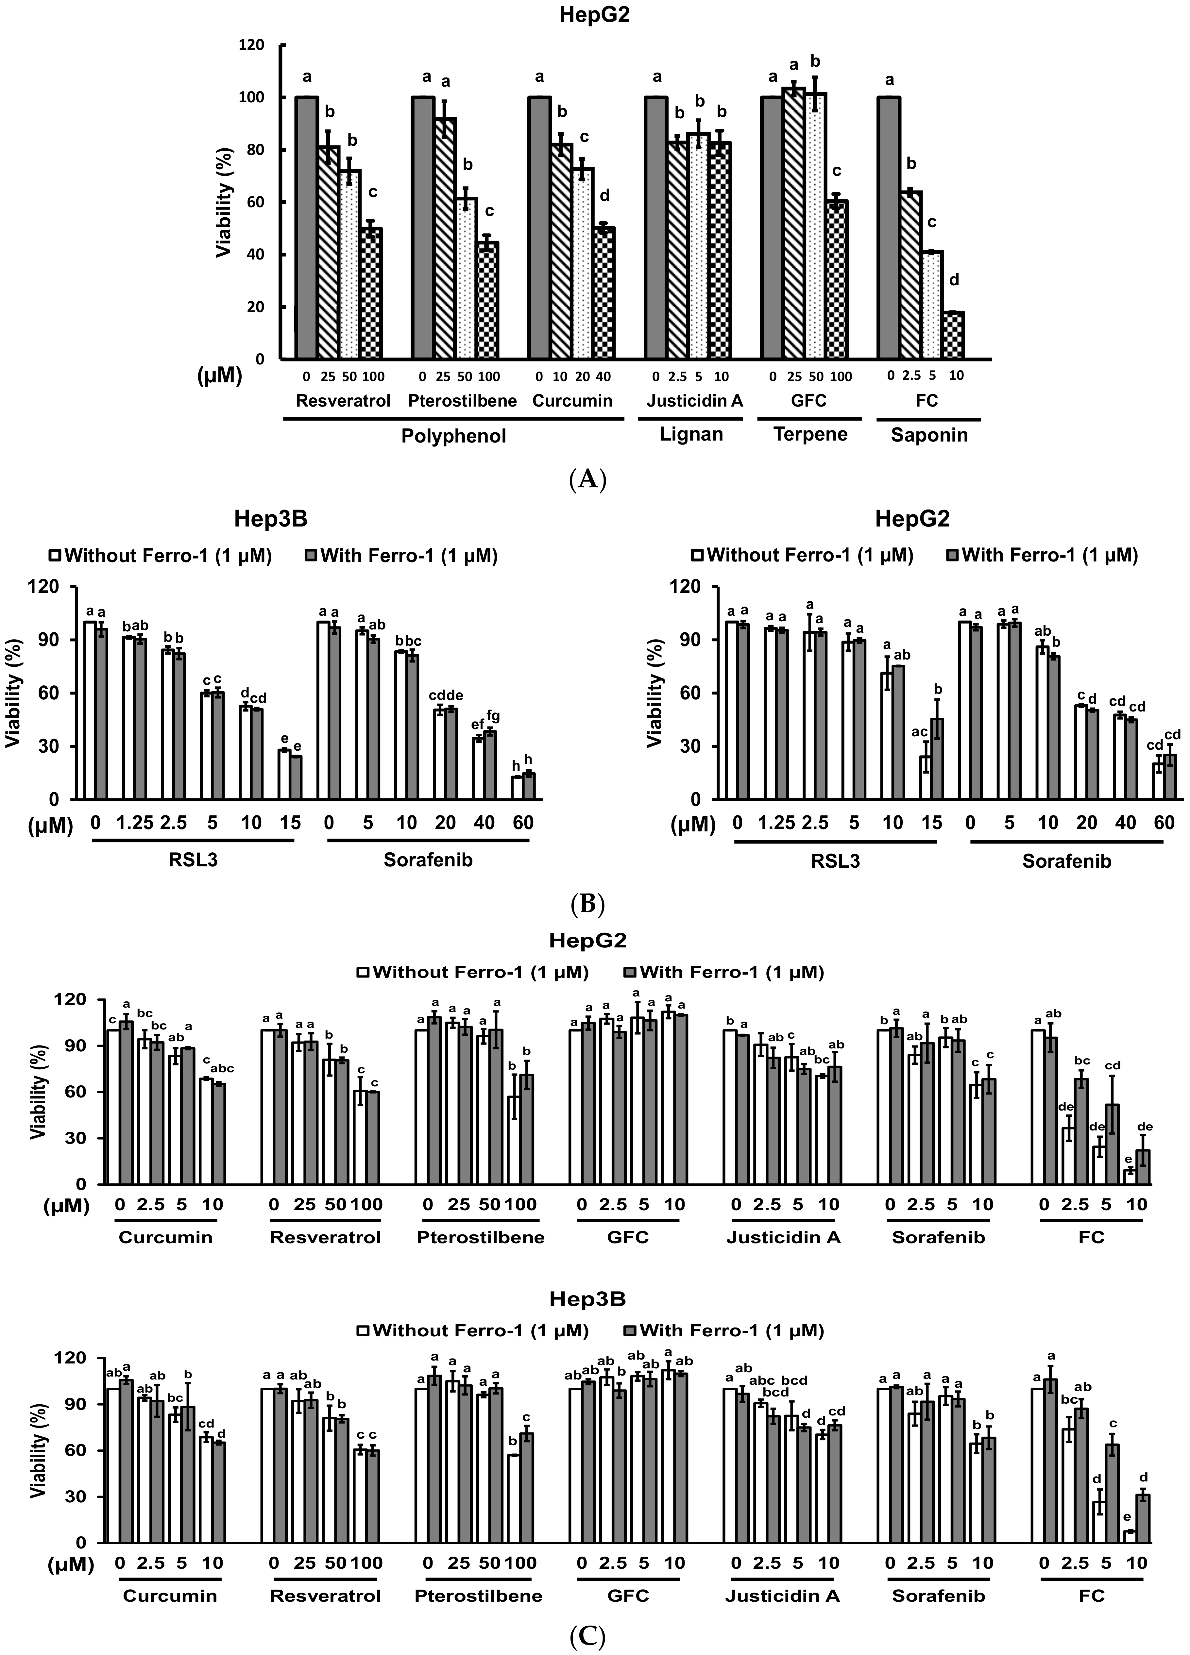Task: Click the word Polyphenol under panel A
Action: pyautogui.click(x=453, y=436)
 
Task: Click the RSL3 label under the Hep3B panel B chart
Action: pyautogui.click(x=193, y=860)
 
